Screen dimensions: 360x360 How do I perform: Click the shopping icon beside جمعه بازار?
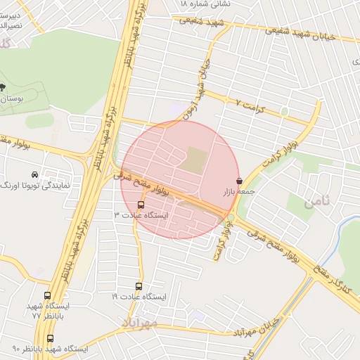240,181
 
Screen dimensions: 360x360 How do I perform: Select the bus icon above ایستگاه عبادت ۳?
141,205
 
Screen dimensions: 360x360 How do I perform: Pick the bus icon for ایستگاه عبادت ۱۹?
139,287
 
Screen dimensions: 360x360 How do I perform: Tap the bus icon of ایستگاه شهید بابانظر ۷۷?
47,296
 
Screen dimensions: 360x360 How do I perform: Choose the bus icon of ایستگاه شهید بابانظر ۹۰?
50,339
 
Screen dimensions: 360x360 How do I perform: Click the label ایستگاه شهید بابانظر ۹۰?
50,349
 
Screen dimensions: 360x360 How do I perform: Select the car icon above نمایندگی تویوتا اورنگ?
34,174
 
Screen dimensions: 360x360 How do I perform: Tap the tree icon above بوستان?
2,87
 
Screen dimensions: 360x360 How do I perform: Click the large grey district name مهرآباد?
146,323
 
